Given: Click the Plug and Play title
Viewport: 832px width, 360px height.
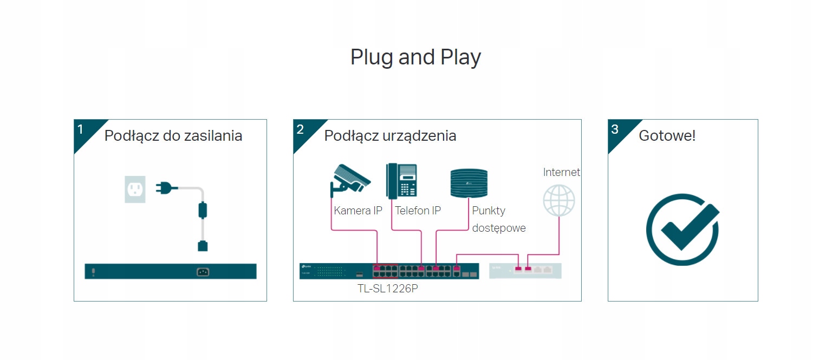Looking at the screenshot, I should point(415,57).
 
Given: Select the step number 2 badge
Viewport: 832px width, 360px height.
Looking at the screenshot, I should point(301,129).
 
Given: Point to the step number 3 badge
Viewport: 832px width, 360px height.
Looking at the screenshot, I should point(615,129).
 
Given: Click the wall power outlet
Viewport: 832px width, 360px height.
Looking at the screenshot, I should point(135,188).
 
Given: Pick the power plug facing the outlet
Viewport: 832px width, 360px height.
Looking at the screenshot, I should point(165,188).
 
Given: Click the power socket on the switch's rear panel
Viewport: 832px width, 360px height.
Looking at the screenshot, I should point(203,272).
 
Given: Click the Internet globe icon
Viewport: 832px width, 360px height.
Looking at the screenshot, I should point(558,200).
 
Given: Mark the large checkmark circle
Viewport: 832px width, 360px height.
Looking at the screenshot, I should point(682,230).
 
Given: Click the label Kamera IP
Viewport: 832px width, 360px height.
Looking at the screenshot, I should point(358,211).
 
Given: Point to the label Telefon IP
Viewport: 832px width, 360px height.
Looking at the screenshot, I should point(418,211).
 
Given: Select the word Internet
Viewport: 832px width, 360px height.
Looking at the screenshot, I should point(561,172).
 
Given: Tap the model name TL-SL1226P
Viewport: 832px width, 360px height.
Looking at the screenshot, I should point(388,289).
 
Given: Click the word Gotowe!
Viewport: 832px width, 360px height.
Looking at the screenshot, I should point(667,135).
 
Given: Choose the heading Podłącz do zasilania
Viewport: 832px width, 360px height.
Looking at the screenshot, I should point(173,135).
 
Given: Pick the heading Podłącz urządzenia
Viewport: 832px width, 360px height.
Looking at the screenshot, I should point(390,135).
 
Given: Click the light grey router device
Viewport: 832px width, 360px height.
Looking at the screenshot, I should point(525,271).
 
